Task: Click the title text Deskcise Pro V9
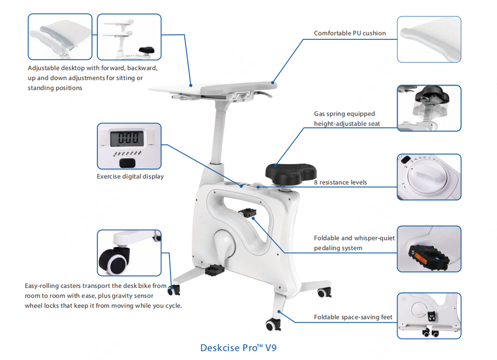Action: [x=242, y=348]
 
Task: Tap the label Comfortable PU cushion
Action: [x=349, y=33]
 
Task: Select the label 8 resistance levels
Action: [x=340, y=182]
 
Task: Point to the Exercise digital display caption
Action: [x=130, y=177]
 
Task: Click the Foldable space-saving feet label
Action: [x=353, y=317]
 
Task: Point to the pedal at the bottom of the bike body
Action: [x=213, y=269]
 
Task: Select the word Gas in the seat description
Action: [x=320, y=114]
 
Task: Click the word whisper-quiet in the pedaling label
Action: [x=374, y=238]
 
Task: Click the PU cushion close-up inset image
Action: [x=429, y=39]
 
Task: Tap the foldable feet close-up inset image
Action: [x=429, y=315]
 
